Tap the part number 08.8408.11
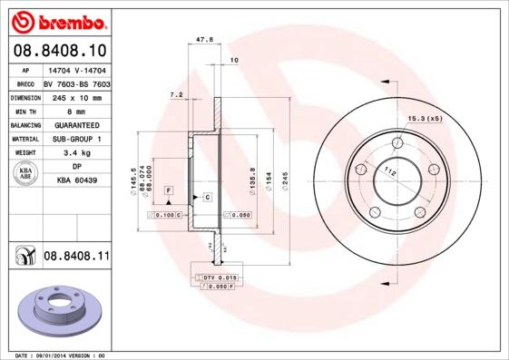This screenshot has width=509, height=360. [x=76, y=258]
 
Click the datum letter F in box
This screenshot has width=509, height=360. [x=168, y=189]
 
